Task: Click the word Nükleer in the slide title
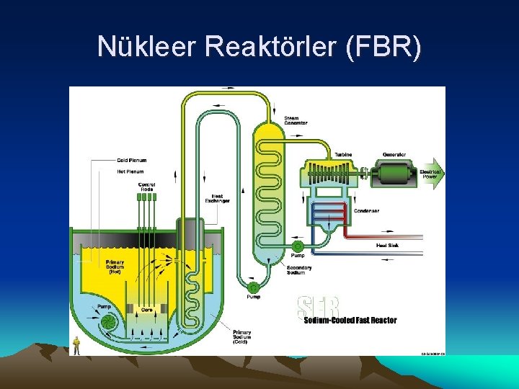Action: pos(147,47)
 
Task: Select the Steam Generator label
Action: pos(296,121)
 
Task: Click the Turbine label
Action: pos(343,155)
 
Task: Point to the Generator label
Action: pos(394,155)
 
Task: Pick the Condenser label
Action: pos(366,211)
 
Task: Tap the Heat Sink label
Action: pos(387,246)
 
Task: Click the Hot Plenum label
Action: pos(130,171)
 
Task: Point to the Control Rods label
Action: pos(146,187)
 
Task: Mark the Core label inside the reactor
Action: pos(146,309)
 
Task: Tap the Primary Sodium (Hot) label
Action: pos(115,267)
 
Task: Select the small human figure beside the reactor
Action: pos(76,346)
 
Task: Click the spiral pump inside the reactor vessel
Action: pos(107,321)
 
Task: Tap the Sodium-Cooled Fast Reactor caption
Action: pos(350,321)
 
